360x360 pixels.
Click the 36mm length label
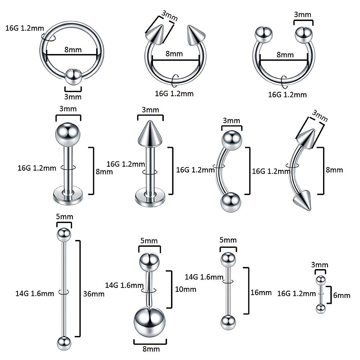click(94, 294)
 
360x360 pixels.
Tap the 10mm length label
click(185, 289)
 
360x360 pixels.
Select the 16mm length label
click(261, 292)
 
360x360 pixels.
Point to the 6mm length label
click(342, 295)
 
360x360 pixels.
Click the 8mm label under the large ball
click(151, 349)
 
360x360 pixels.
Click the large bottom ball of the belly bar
click(149, 321)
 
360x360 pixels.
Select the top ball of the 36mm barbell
click(64, 234)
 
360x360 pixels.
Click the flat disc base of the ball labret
click(68, 197)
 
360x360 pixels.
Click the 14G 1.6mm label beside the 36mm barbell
click(35, 293)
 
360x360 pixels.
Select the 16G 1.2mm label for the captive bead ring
click(25, 28)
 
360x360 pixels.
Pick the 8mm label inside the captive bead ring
click(73, 49)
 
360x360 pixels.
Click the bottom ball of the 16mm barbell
click(228, 322)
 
